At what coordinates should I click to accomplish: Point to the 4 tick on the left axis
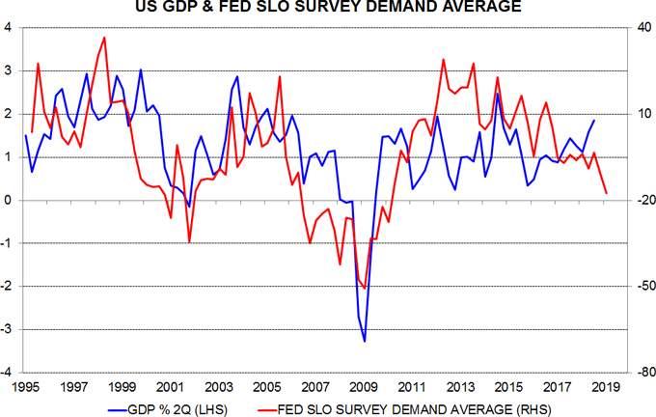[x=9, y=28]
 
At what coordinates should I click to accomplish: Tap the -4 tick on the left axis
[x=7, y=373]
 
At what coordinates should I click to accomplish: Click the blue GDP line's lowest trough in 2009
[x=365, y=341]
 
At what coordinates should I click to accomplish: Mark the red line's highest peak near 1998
[x=104, y=38]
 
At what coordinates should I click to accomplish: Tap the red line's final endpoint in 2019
[x=607, y=193]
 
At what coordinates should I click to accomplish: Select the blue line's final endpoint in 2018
[x=594, y=120]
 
